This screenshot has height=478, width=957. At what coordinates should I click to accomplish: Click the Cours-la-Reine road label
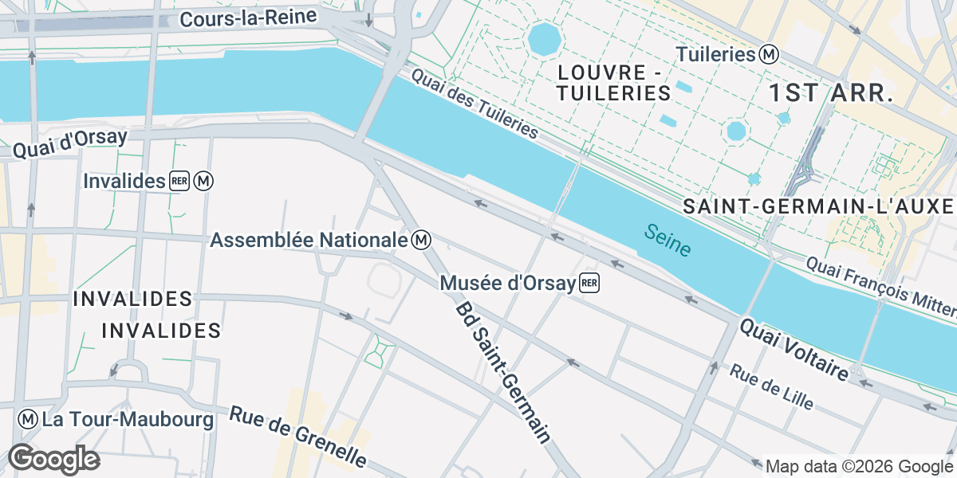[x=248, y=18]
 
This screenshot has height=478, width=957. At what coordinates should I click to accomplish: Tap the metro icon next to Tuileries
[x=769, y=55]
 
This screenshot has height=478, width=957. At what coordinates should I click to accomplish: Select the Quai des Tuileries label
[x=475, y=104]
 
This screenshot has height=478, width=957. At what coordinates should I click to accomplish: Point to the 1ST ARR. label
[x=830, y=92]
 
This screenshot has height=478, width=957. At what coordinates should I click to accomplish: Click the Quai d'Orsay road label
[x=70, y=143]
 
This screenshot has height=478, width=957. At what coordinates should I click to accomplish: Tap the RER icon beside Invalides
[x=179, y=182]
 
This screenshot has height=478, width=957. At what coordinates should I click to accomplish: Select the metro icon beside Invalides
[x=204, y=182]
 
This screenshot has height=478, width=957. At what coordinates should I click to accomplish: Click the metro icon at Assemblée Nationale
[x=423, y=239]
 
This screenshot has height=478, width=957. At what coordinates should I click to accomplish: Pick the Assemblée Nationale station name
[x=309, y=239]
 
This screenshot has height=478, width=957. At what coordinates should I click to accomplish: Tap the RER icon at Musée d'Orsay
[x=589, y=283]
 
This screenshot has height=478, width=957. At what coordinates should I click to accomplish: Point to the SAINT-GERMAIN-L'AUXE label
[x=818, y=207]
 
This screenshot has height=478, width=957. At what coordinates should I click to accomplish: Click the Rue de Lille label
[x=771, y=387]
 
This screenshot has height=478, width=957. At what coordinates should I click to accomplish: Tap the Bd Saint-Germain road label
[x=503, y=372]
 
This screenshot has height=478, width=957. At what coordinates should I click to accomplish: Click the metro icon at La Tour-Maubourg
[x=28, y=419]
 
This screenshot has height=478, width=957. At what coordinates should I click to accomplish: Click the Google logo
[x=53, y=459]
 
